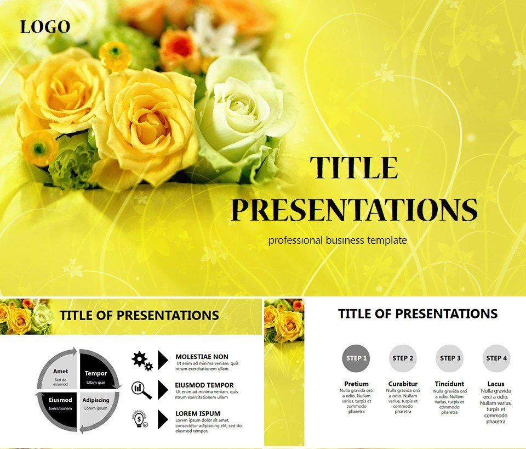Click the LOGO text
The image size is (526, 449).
point(45,27)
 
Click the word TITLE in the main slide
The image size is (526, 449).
point(354,168)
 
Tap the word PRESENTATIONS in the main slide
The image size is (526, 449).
point(354,210)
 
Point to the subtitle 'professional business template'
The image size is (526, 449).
point(338,240)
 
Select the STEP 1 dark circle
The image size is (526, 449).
point(355,358)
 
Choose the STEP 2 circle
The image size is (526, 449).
point(403,358)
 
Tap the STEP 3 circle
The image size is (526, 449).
point(449,358)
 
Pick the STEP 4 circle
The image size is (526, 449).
point(496,358)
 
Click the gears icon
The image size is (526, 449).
point(142,360)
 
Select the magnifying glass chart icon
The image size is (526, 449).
point(141,389)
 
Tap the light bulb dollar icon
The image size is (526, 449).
point(141,419)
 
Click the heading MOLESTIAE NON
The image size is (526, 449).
point(202,357)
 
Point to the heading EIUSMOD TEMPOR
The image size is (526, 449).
point(204,385)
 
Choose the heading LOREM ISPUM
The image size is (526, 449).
point(198,414)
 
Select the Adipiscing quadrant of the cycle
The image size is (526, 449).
point(98,405)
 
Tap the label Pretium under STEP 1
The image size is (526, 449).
point(356,384)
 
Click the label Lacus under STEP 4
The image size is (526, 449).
point(496,384)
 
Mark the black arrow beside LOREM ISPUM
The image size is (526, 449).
point(163,419)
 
